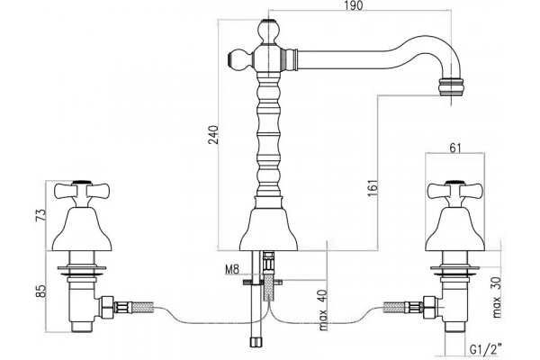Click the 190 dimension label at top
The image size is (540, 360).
pyautogui.click(x=354, y=5)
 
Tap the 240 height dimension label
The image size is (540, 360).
pyautogui.click(x=213, y=135)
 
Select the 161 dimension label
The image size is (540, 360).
pyautogui.click(x=373, y=188)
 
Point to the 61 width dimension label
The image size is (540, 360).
pyautogui.click(x=454, y=148)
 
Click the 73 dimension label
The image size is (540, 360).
pyautogui.click(x=40, y=215)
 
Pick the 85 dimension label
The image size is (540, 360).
pyautogui.click(x=40, y=291)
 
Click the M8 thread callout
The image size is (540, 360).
pyautogui.click(x=232, y=269)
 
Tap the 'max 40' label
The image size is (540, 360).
pyautogui.click(x=323, y=310)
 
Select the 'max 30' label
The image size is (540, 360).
pyautogui.click(x=496, y=297)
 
